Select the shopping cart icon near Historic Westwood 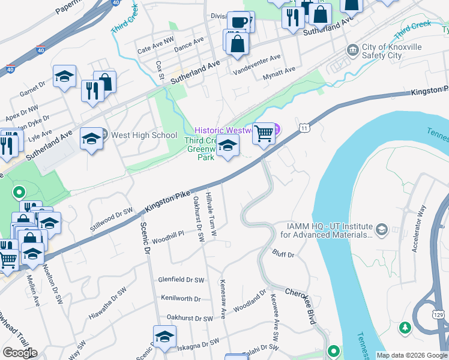264,133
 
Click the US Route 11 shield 305,128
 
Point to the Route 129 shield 438,314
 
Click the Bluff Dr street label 283,255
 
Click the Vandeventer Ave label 257,58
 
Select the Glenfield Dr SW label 181,280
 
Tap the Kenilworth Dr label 181,298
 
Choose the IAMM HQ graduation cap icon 381,229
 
